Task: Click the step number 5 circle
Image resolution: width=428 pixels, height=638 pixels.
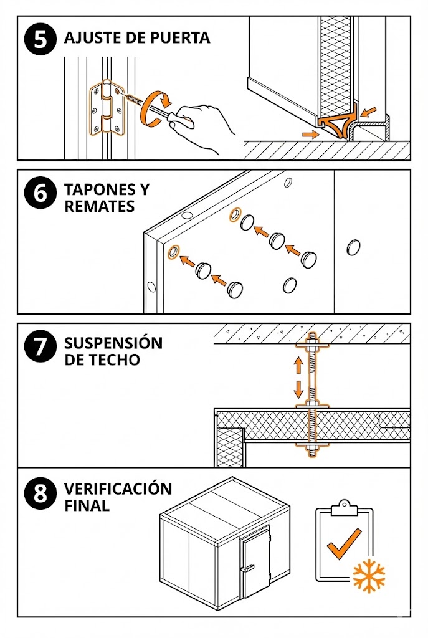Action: click(x=40, y=39)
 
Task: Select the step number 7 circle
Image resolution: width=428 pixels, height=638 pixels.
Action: click(x=40, y=347)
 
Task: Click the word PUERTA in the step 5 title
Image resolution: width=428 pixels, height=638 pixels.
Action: click(x=180, y=37)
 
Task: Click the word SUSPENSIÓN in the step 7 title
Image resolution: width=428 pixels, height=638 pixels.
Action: click(x=113, y=343)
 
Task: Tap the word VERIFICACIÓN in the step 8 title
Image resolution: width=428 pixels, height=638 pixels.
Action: click(x=118, y=489)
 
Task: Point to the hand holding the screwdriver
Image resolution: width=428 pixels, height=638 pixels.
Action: click(x=202, y=125)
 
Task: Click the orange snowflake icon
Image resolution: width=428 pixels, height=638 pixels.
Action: click(x=369, y=576)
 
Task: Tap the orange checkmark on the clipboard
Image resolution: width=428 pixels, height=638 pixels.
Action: click(x=345, y=543)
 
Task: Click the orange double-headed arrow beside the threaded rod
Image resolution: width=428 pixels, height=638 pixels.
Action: click(x=299, y=377)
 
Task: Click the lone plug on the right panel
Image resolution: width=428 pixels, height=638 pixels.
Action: click(x=353, y=248)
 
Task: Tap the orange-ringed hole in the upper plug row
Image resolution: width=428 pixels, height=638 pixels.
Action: click(x=235, y=215)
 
